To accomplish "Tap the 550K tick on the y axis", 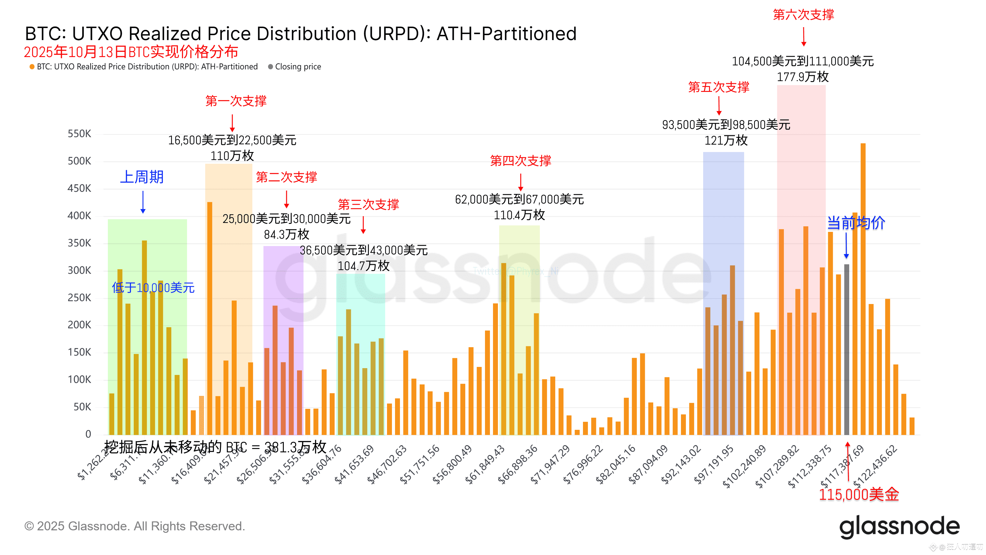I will click(79, 134).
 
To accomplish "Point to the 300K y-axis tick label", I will click(79, 270).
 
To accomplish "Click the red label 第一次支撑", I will click(236, 101).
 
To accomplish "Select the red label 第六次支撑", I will click(803, 14).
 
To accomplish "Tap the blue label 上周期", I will click(142, 177).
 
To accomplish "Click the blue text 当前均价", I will click(856, 223).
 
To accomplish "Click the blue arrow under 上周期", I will click(143, 202).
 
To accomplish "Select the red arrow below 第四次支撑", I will click(520, 182).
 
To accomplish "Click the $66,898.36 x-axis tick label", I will click(518, 465).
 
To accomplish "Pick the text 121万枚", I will click(726, 140).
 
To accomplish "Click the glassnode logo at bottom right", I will click(899, 527).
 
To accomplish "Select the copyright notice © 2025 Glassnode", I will click(134, 526).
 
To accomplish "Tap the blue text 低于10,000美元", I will click(153, 288).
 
